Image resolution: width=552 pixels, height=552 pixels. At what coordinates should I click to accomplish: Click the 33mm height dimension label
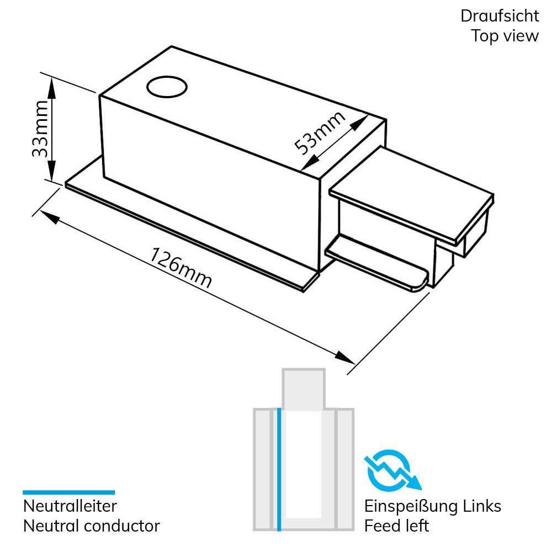click(x=40, y=129)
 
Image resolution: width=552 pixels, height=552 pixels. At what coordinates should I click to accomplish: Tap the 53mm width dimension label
click(x=319, y=132)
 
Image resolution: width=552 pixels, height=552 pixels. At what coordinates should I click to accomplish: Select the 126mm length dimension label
click(x=181, y=268)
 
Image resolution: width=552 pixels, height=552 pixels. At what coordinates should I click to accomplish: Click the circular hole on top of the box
click(x=167, y=87)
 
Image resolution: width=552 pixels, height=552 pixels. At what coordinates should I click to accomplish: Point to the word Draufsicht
click(x=500, y=16)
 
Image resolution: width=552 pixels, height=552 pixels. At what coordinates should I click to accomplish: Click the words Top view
click(x=505, y=36)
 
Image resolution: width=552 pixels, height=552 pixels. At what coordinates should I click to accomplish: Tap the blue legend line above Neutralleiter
click(x=69, y=492)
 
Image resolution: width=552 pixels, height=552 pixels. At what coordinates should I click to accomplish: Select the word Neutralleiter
click(x=70, y=506)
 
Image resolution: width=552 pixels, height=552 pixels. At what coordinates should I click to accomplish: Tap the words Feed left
click(x=397, y=526)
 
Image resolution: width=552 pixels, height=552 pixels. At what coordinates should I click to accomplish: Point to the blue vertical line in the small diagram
click(x=279, y=469)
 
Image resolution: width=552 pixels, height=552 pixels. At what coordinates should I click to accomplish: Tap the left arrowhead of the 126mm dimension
click(x=49, y=217)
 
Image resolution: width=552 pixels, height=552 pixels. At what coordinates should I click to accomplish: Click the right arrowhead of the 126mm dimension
click(x=345, y=357)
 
